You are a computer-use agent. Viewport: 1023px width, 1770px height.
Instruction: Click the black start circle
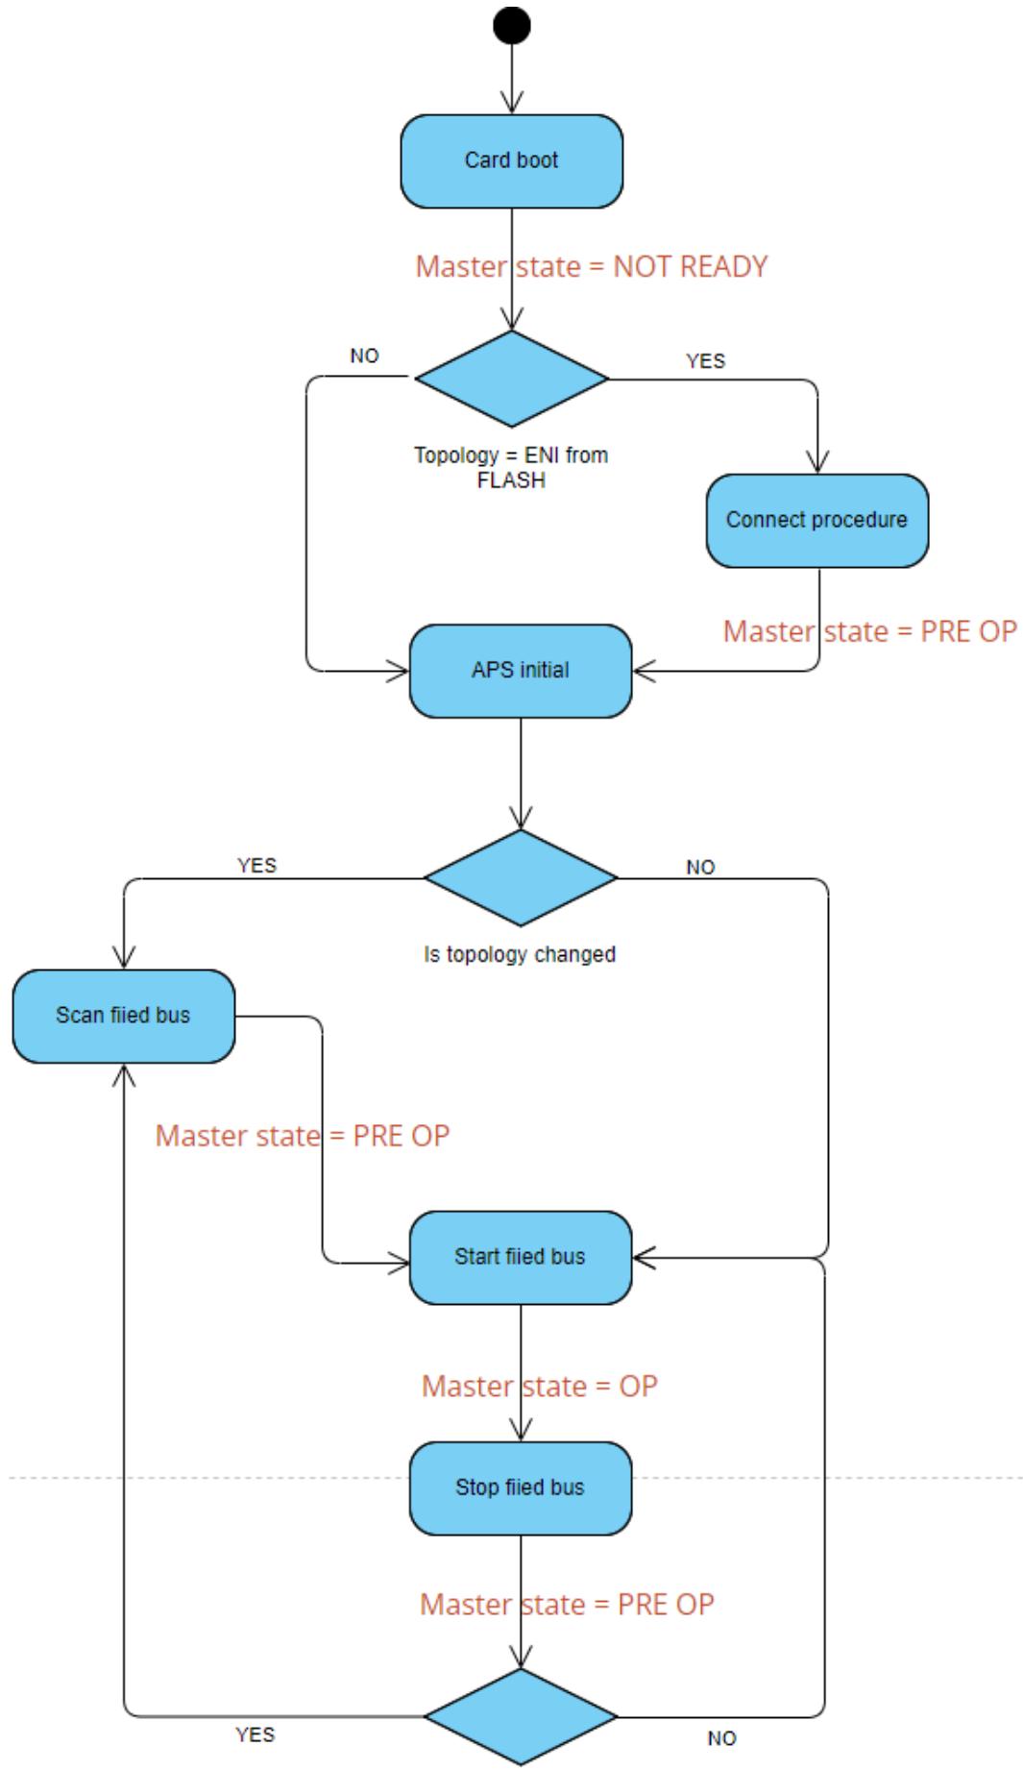512,25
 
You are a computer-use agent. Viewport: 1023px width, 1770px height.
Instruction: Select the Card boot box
512,160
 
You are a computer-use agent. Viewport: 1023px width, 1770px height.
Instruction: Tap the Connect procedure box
817,520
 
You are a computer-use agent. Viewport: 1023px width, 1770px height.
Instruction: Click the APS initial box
521,671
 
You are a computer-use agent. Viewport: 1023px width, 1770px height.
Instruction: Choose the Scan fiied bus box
124,1016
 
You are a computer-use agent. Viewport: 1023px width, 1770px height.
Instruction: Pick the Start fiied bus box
521,1257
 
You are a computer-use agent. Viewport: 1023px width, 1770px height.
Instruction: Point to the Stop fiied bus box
521,1487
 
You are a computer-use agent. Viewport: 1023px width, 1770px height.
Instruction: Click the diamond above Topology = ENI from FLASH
512,379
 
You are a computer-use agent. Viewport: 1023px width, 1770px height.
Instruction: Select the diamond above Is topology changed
521,877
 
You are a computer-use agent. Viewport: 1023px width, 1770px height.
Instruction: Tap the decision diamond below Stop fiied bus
521,1716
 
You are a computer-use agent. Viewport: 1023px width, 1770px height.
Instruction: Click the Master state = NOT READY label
592,266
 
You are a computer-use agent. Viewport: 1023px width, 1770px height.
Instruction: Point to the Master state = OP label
540,1386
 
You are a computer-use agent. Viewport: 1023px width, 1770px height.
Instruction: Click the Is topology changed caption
520,954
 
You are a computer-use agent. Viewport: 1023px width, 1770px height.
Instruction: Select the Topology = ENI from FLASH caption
511,467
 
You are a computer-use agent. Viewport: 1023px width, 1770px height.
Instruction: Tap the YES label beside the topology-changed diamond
257,865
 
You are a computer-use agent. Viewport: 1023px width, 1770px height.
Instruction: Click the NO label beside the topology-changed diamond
701,867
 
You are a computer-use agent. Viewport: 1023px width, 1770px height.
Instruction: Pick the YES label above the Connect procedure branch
706,360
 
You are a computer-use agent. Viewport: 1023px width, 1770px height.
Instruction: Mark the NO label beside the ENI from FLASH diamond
365,356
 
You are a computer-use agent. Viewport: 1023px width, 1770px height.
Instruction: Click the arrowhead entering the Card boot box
512,103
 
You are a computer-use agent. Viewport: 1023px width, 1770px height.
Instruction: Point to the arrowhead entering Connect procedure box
817,462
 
